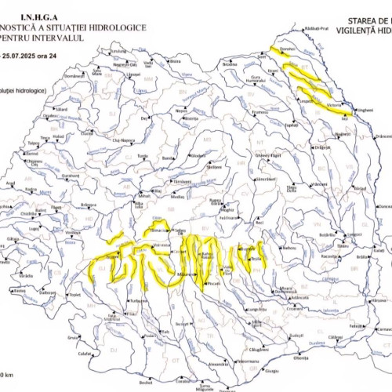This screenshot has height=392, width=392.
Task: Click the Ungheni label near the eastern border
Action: click(x=365, y=111)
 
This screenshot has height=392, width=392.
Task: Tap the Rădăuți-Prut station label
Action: click(x=317, y=28)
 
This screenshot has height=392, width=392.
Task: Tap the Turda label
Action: click(x=143, y=156)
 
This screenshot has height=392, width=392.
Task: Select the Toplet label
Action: click(x=75, y=296)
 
